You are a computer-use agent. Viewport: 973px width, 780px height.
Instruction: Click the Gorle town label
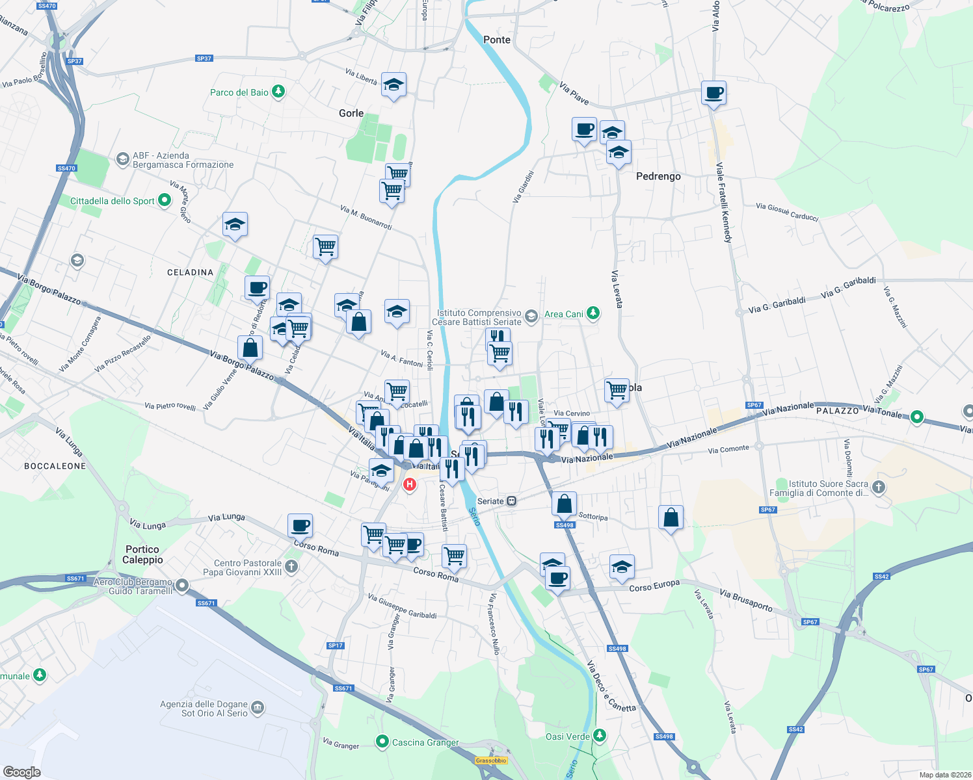tap(351, 113)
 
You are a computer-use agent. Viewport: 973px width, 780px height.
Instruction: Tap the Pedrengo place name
tap(658, 176)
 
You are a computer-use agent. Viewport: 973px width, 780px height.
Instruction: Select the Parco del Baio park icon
tap(278, 92)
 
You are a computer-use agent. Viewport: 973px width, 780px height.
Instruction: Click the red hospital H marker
tap(410, 484)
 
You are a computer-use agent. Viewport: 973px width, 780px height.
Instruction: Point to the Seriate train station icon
tap(512, 501)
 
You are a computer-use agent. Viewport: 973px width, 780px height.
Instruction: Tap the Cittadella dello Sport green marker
tap(165, 201)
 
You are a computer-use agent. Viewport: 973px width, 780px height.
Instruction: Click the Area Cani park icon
tap(593, 313)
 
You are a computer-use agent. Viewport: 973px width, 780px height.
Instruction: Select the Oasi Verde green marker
tap(600, 736)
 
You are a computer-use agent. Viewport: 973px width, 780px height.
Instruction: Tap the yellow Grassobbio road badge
tap(491, 760)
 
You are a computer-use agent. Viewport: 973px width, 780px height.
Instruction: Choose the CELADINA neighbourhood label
tap(190, 272)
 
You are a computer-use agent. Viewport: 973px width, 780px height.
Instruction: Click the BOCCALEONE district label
tap(55, 466)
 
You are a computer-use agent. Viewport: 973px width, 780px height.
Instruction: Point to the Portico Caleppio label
tap(142, 554)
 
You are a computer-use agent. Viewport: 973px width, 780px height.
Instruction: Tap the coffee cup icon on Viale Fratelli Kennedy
tap(713, 93)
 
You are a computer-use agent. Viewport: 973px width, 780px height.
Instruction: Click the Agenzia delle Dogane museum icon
tap(258, 707)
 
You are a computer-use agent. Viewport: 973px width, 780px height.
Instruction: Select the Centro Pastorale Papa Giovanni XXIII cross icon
tap(291, 566)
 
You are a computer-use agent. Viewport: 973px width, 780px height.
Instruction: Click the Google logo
tap(22, 772)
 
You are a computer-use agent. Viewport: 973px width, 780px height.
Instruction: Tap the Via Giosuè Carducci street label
tap(787, 211)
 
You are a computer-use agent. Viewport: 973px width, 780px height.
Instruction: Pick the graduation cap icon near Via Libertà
tap(393, 84)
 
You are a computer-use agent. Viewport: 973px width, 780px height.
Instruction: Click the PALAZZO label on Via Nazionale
tap(837, 411)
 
